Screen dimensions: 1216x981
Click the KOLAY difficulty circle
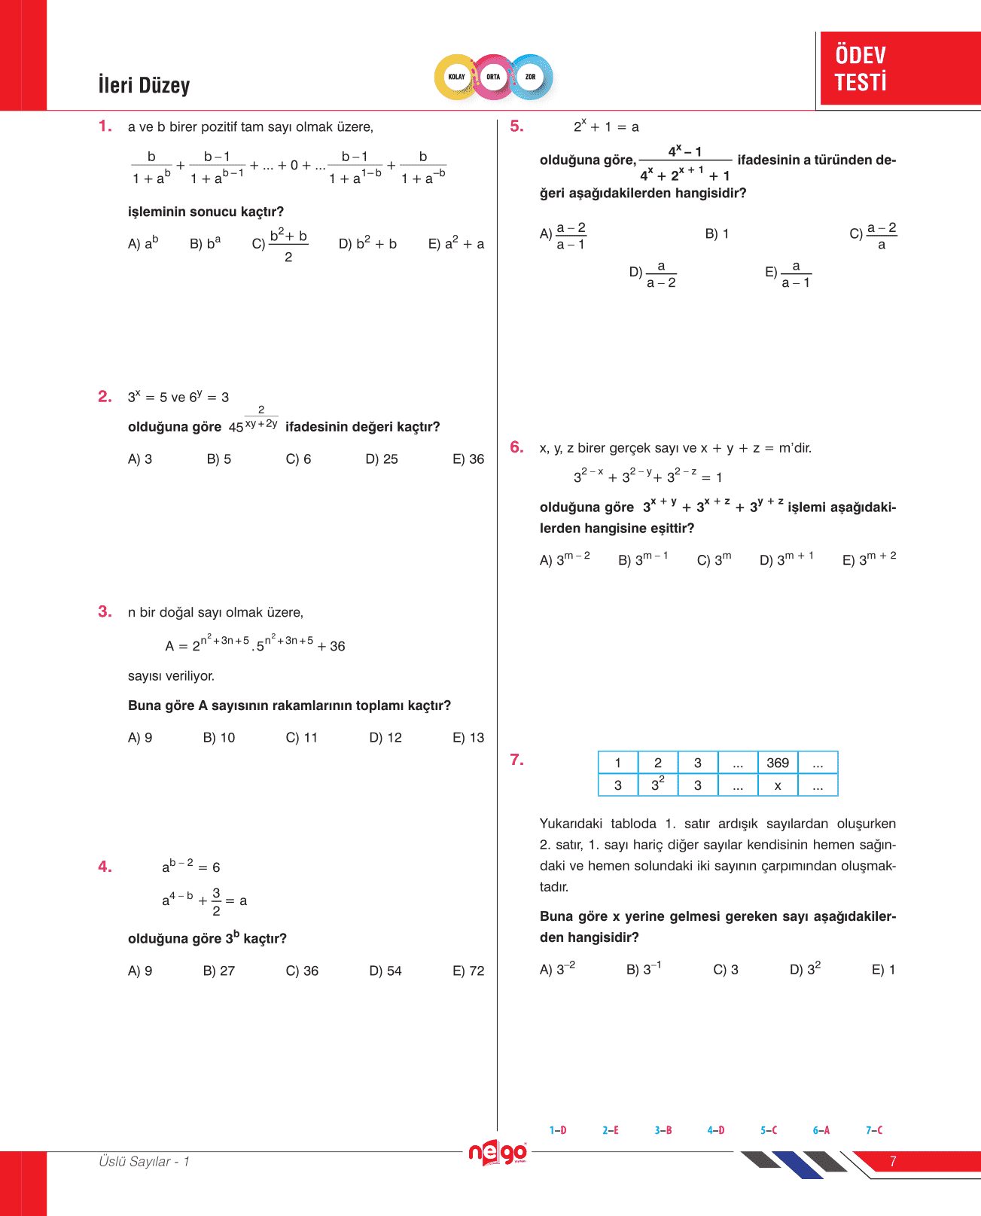tap(457, 77)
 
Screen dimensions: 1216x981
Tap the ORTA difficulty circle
tap(493, 77)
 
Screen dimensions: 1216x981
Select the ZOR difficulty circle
tap(531, 77)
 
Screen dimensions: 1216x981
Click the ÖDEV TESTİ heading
tap(861, 69)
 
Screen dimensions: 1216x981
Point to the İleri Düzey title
tap(144, 85)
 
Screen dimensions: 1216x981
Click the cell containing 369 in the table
tap(778, 763)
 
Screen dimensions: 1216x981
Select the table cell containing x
tap(778, 785)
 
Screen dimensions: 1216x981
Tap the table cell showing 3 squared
tap(658, 785)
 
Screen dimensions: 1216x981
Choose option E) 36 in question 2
tap(468, 459)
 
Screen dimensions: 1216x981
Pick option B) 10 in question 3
tap(219, 738)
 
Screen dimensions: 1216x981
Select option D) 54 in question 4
tap(385, 971)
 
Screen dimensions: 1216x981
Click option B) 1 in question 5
tap(717, 234)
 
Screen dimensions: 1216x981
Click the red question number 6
tap(516, 447)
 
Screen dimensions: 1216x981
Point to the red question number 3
tap(105, 611)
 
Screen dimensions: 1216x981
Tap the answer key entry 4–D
tap(716, 1130)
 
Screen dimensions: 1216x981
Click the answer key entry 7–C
tap(874, 1130)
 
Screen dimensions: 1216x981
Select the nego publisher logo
tap(498, 1153)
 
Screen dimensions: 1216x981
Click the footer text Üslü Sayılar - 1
tap(144, 1162)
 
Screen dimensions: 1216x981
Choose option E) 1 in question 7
tap(883, 970)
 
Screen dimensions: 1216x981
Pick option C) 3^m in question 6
tap(714, 559)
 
